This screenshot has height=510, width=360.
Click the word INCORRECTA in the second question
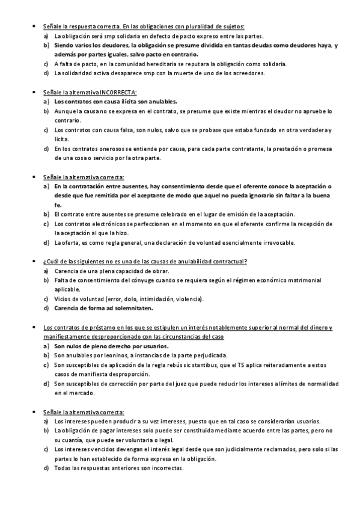pos(118,92)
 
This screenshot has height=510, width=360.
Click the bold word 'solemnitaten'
pos(131,308)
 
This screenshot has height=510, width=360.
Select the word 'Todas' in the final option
pos(63,468)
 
